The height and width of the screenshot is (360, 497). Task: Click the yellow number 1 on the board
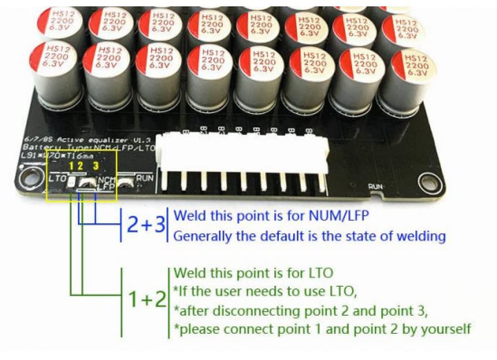(70, 166)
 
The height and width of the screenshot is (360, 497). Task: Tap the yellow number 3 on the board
(96, 166)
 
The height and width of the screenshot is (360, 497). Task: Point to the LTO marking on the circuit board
(58, 179)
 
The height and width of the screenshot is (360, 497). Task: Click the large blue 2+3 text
(146, 225)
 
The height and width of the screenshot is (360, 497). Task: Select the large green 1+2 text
(147, 299)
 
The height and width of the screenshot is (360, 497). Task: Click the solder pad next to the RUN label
(126, 183)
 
